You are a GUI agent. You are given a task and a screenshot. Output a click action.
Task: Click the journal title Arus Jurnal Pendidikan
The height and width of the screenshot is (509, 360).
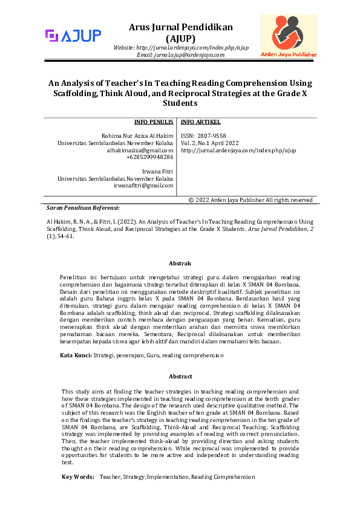pyautogui.click(x=181, y=27)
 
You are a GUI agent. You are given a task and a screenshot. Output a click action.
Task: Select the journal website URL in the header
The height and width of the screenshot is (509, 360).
pyautogui.click(x=181, y=47)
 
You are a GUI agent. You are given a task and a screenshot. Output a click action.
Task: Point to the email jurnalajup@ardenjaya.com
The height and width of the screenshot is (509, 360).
pyautogui.click(x=181, y=54)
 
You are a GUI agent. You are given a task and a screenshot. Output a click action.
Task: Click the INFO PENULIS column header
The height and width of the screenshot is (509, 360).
pyautogui.click(x=154, y=122)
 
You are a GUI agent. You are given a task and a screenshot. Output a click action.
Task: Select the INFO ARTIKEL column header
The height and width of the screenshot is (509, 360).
pyautogui.click(x=201, y=122)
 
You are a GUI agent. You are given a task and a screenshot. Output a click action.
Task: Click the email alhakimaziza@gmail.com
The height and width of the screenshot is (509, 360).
pyautogui.click(x=140, y=150)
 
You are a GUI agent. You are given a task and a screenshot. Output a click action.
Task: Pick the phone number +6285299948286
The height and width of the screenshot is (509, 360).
pyautogui.click(x=150, y=157)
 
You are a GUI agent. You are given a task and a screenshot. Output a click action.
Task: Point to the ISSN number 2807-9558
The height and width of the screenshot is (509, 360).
pyautogui.click(x=203, y=136)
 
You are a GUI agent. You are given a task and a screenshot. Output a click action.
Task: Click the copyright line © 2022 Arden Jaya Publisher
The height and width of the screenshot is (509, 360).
pyautogui.click(x=250, y=199)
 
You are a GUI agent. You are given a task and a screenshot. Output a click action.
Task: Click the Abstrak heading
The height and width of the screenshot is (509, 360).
pyautogui.click(x=180, y=264)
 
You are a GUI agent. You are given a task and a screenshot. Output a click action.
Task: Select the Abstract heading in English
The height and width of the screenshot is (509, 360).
pyautogui.click(x=180, y=376)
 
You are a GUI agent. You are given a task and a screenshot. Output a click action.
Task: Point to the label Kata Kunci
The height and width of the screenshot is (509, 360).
pyautogui.click(x=76, y=356)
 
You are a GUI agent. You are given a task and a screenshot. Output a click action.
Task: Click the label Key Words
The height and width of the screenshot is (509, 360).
pyautogui.click(x=78, y=477)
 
